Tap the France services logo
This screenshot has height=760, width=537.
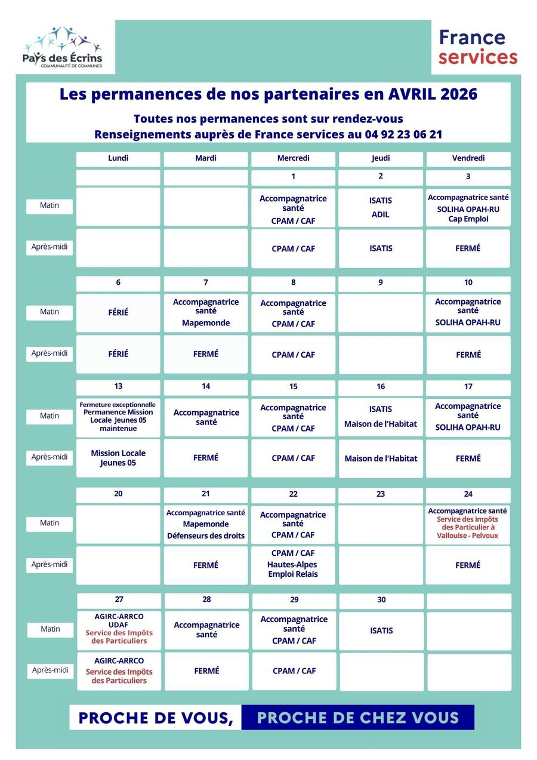pyautogui.click(x=478, y=47)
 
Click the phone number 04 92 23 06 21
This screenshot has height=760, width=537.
pyautogui.click(x=403, y=134)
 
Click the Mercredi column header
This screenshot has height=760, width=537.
pyautogui.click(x=293, y=158)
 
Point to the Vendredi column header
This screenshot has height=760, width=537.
pyautogui.click(x=468, y=158)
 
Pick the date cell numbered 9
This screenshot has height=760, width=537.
pyautogui.click(x=381, y=282)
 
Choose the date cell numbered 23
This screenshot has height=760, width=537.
pyautogui.click(x=381, y=494)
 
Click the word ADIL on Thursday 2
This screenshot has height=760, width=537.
pyautogui.click(x=381, y=214)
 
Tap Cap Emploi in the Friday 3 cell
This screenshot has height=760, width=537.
pyautogui.click(x=468, y=219)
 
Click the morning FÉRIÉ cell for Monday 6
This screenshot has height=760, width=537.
pyautogui.click(x=118, y=312)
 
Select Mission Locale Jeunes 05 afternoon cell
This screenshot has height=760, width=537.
pyautogui.click(x=118, y=458)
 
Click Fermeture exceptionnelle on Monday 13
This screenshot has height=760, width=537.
pyautogui.click(x=118, y=404)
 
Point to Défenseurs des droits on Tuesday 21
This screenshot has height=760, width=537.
pyautogui.click(x=206, y=536)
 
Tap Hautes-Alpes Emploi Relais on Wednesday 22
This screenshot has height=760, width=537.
pyautogui.click(x=293, y=570)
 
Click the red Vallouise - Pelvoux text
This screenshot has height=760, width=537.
pyautogui.click(x=468, y=536)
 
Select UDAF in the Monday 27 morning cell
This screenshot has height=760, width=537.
pyautogui.click(x=119, y=624)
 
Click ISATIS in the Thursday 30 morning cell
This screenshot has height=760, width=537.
pyautogui.click(x=381, y=630)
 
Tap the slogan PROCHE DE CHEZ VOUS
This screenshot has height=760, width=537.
pyautogui.click(x=357, y=717)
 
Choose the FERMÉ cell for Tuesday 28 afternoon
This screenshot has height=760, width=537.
pyautogui.click(x=206, y=671)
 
